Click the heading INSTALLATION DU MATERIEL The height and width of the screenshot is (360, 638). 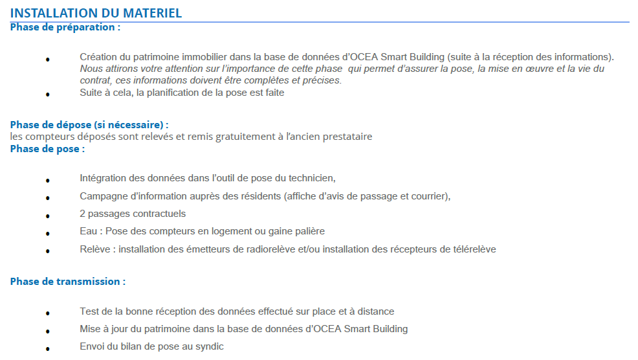96,13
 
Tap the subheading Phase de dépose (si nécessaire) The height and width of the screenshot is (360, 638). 89,124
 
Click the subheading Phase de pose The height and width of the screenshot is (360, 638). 47,148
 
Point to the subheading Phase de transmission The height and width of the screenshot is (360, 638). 67,281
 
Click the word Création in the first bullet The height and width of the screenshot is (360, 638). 98,57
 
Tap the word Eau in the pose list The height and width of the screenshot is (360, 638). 88,231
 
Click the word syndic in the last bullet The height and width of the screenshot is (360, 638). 209,346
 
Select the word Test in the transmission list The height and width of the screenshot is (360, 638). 90,311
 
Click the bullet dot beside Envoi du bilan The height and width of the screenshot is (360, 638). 47,348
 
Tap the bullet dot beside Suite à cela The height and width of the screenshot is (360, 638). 47,95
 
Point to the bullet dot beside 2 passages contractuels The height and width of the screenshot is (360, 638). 47,216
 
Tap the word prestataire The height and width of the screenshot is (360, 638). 349,137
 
